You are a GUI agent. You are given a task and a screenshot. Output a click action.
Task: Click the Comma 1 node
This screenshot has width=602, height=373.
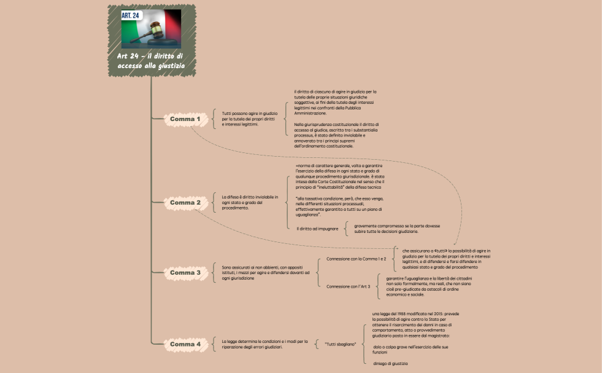(185, 119)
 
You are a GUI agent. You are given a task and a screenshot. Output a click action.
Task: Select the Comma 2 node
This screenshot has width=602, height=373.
(185, 203)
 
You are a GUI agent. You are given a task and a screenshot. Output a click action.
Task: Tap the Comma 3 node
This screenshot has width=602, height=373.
(185, 272)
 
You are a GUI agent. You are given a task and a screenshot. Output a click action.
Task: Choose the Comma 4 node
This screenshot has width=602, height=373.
(185, 344)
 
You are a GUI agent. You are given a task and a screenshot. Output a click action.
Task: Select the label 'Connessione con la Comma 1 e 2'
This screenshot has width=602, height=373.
(356, 259)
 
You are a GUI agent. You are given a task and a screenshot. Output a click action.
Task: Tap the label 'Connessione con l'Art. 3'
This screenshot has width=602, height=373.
(348, 286)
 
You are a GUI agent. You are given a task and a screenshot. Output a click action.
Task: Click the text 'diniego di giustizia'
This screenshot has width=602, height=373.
(390, 364)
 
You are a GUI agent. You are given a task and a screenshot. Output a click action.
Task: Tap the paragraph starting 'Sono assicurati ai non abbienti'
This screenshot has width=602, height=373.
(266, 273)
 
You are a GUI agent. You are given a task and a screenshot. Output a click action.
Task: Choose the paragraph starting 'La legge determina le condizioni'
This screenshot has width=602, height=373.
(264, 344)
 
